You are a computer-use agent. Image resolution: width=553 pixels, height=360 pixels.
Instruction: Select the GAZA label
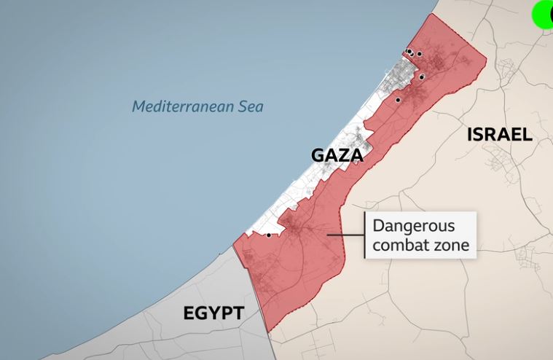[x=337, y=155]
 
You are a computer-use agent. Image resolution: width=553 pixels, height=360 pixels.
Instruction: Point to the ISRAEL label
[x=500, y=134]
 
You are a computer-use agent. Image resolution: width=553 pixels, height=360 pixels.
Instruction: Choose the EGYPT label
[x=213, y=313]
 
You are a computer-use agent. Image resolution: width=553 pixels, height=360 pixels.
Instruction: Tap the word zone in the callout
[x=450, y=245]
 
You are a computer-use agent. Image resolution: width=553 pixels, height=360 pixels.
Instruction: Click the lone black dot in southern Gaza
[x=269, y=235]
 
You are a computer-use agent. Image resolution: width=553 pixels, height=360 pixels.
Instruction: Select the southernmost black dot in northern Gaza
[x=398, y=100]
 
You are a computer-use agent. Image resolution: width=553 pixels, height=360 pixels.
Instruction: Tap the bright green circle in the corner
[x=544, y=15]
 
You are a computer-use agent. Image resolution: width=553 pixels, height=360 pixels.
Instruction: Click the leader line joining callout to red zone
[x=346, y=235]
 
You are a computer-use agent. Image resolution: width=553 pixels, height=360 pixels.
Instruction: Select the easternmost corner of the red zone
[x=485, y=62]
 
